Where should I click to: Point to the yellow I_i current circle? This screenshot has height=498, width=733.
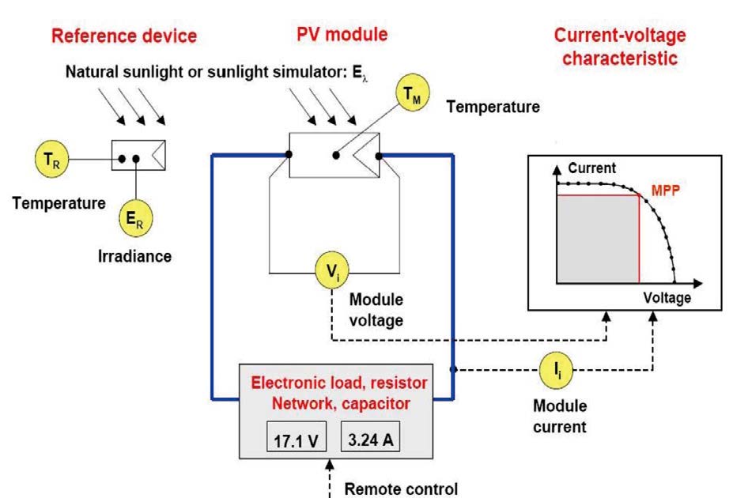coord(555,369)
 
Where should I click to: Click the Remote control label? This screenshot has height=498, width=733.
coord(400,488)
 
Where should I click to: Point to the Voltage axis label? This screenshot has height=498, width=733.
coord(667,297)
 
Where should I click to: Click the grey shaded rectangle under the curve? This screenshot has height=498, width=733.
coord(598,239)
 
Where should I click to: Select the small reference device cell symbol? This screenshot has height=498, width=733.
coord(138,156)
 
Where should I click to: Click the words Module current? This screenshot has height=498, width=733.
coord(560,416)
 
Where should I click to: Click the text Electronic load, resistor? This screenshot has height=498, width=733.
coord(338,383)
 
